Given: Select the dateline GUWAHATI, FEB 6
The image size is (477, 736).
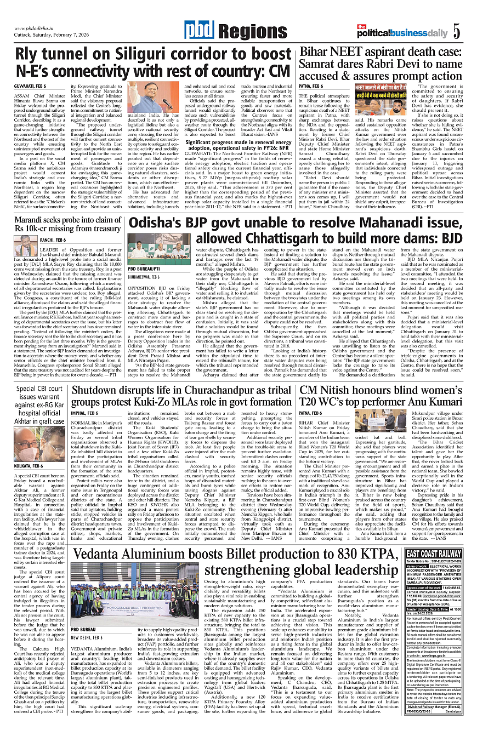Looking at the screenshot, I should (x=30, y=85).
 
